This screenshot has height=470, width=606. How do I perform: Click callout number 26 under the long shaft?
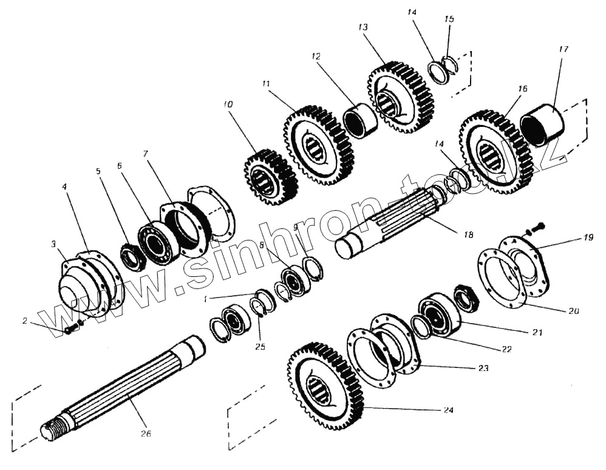point(145,434)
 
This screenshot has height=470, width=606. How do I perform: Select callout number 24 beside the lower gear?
point(448,410)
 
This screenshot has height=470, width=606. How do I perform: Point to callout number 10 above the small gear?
point(228,104)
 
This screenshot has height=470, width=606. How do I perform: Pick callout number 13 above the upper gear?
point(363,27)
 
